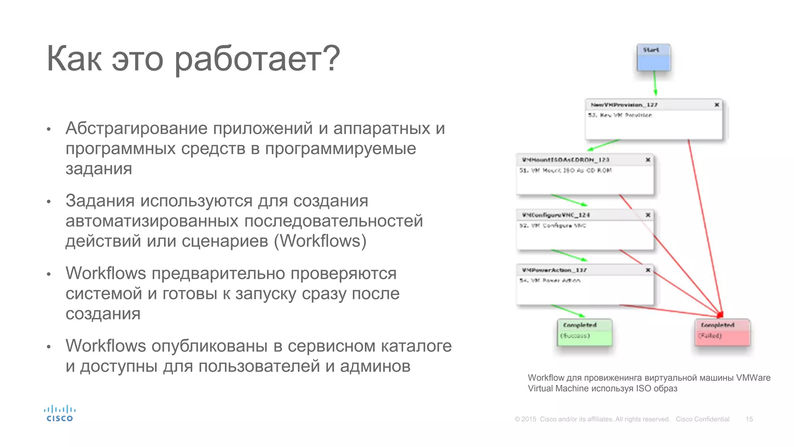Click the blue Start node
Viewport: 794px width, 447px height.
click(x=654, y=58)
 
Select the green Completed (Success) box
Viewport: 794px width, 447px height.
click(x=585, y=332)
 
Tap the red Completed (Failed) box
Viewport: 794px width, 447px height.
click(x=722, y=332)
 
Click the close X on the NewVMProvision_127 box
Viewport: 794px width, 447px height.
click(x=717, y=105)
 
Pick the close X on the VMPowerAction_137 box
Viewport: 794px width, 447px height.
click(x=648, y=270)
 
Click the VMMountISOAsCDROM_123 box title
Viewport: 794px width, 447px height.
click(x=565, y=160)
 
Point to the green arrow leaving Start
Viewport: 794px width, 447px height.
click(x=655, y=83)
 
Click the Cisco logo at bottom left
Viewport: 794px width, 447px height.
click(x=59, y=414)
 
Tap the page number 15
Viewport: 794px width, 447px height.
click(x=749, y=419)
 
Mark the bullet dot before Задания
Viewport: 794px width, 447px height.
click(x=49, y=202)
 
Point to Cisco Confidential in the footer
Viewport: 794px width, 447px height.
click(x=703, y=419)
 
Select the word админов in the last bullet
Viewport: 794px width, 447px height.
click(x=375, y=366)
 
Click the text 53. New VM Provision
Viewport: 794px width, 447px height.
click(x=620, y=115)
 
